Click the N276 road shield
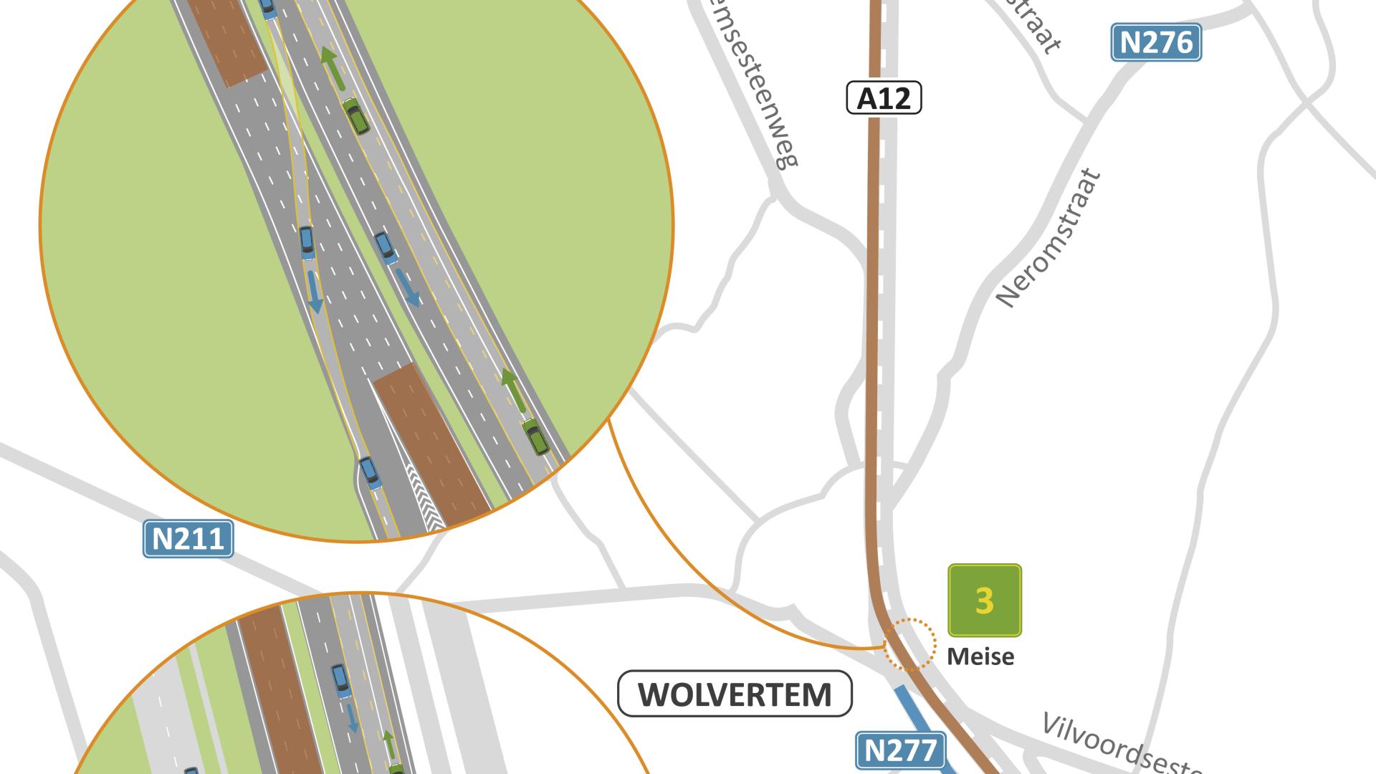tap(1155, 43)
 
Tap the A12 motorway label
tap(884, 98)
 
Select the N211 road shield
tap(188, 538)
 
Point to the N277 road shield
tap(900, 750)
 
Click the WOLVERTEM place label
tap(735, 694)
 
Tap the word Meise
tap(980, 656)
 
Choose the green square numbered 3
tap(984, 601)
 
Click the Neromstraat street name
tap(1048, 237)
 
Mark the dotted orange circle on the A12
tap(909, 644)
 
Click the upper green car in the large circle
tap(356, 117)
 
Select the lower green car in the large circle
tap(535, 437)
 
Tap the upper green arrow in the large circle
tap(332, 67)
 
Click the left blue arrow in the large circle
tap(314, 292)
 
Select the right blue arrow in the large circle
tap(408, 288)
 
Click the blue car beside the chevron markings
tap(369, 473)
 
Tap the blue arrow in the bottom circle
tap(352, 718)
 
